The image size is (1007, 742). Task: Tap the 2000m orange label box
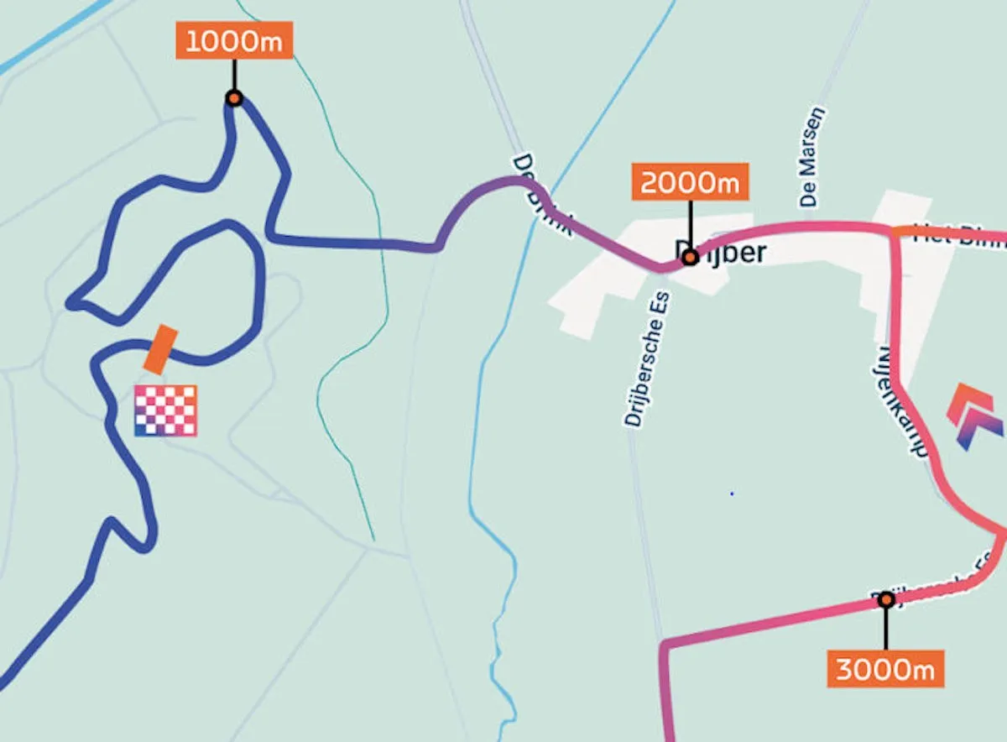(690, 182)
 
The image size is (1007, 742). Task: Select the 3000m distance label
(885, 669)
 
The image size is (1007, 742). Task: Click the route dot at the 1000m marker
(234, 98)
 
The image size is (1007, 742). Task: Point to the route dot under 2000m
(690, 258)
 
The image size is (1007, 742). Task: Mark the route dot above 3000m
(885, 599)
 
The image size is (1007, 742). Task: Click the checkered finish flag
(165, 410)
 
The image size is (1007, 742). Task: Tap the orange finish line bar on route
(159, 349)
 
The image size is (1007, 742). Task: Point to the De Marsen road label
(811, 157)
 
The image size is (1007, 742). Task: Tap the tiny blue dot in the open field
(732, 494)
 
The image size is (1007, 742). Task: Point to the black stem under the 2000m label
(690, 222)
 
